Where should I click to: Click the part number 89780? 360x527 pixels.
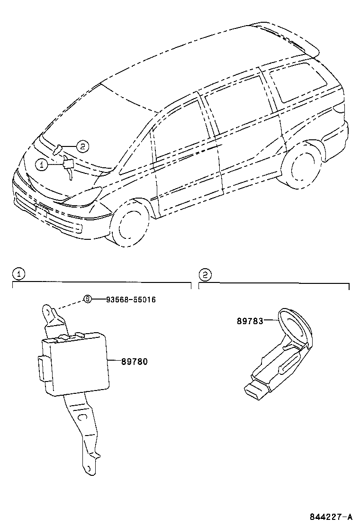[135, 362]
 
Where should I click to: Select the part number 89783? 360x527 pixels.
[250, 321]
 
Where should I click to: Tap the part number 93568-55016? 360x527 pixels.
[131, 300]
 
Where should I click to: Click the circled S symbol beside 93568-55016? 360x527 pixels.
[87, 299]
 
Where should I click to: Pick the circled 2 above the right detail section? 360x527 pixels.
[204, 273]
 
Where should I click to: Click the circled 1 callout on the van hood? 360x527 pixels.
[42, 164]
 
